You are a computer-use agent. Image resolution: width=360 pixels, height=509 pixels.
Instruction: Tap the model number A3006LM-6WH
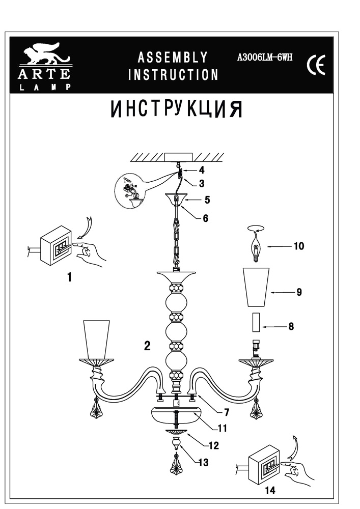[265, 58]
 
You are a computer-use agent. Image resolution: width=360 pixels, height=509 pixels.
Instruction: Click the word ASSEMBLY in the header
[173, 57]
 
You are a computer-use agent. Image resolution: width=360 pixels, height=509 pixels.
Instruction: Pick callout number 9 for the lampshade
[299, 292]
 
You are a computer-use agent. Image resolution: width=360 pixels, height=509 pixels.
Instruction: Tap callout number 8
[291, 326]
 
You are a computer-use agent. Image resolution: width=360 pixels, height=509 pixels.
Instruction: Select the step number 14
[270, 491]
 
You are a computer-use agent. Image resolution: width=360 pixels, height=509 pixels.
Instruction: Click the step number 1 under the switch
[69, 278]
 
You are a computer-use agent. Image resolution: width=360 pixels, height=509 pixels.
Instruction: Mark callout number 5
[207, 200]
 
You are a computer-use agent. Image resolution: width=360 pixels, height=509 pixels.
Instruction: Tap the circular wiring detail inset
[129, 191]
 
